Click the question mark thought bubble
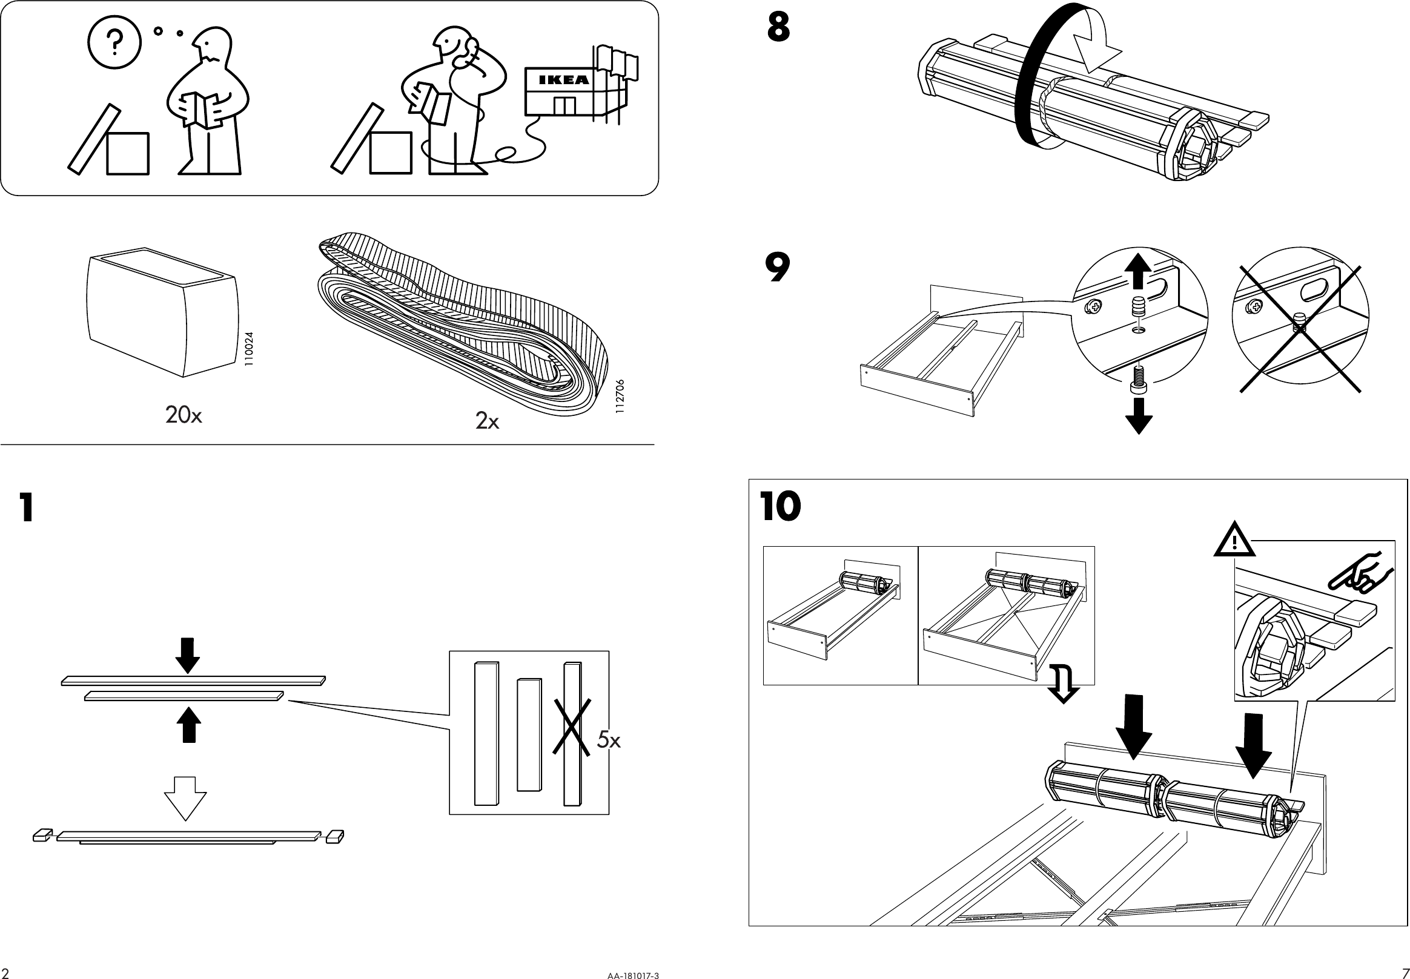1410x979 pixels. coord(114,42)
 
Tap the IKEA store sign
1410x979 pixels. coord(563,80)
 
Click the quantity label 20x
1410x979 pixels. coord(183,415)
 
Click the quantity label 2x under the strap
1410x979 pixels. coord(487,421)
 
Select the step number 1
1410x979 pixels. coord(26,507)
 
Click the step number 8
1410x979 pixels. coord(778,28)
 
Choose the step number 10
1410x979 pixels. coord(781,507)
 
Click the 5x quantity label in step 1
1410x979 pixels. coord(609,740)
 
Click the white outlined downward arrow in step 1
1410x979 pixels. coord(185,797)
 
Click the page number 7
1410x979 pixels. coord(1405,973)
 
